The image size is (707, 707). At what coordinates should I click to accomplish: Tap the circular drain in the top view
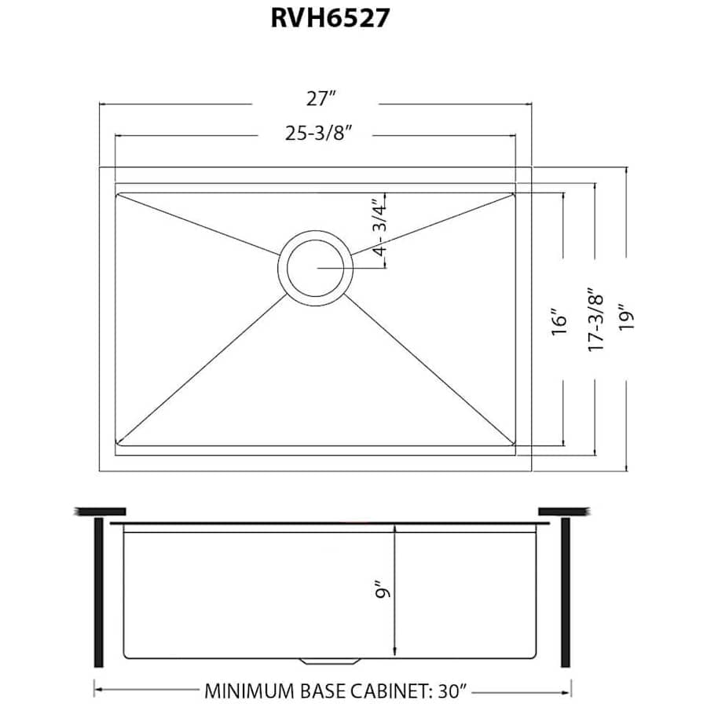[314, 267]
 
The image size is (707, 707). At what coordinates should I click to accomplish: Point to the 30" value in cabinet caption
[452, 692]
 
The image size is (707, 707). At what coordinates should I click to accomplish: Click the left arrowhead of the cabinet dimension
[97, 692]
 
